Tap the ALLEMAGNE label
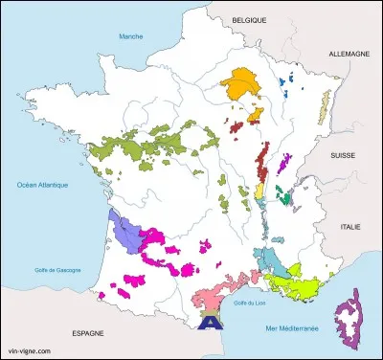pos(349,55)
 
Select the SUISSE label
pos(342,154)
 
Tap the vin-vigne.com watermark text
pos(29,351)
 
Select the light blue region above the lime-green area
pos(271,259)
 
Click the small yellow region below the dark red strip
pos(259,191)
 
